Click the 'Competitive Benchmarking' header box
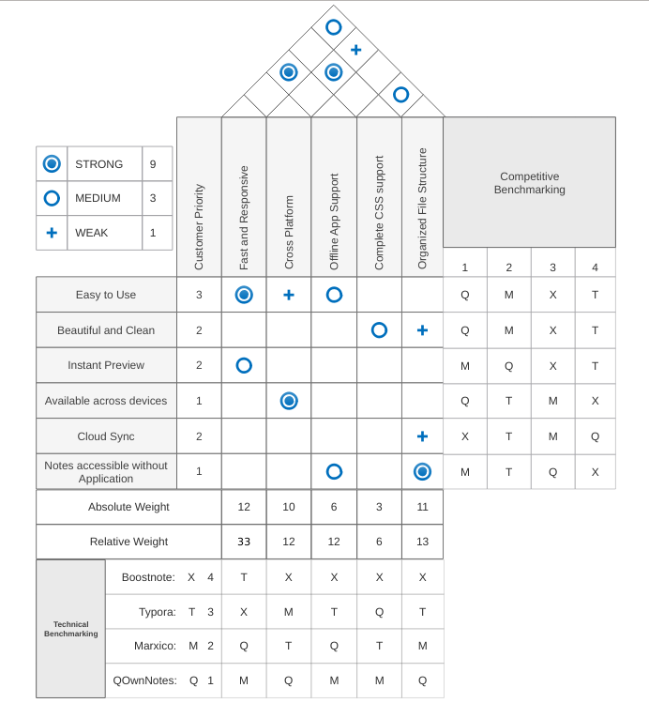tap(529, 182)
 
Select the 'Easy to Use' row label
tap(106, 295)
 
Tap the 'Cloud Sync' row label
tap(106, 436)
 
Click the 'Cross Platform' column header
tap(289, 232)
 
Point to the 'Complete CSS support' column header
tap(379, 212)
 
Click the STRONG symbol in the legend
tap(52, 163)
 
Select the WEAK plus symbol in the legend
tap(52, 233)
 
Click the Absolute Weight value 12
tap(244, 507)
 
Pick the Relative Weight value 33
tap(244, 542)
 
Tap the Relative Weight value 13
tap(422, 542)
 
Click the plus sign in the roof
tap(356, 50)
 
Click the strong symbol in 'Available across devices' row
tap(289, 401)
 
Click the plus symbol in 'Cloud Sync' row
tap(422, 436)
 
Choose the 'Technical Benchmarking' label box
tap(70, 629)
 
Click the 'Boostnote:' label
tap(148, 577)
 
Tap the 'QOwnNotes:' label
tap(144, 680)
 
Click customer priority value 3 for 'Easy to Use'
tap(199, 295)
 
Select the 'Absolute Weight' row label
tap(128, 507)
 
